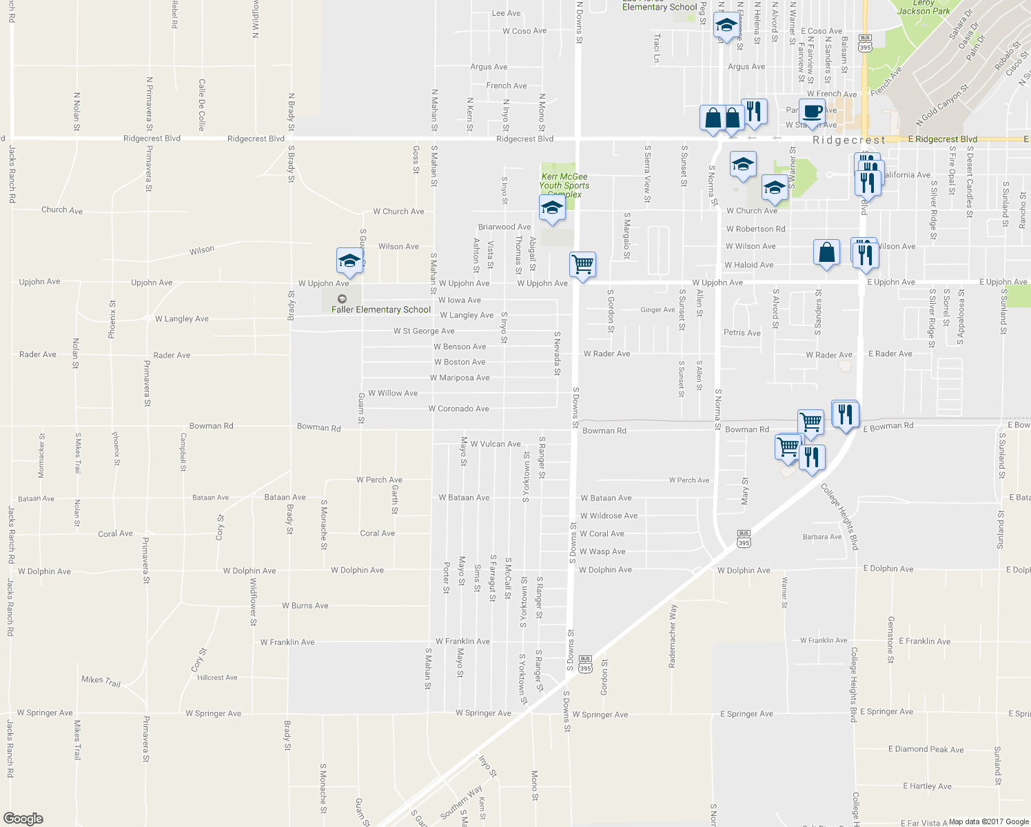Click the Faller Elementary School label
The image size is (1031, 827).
pos(381,309)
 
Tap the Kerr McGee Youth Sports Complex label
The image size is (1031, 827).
pos(564,185)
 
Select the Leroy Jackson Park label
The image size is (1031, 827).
pos(923,7)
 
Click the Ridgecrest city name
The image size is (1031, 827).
pos(848,140)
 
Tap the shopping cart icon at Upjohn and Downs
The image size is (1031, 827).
pos(583,264)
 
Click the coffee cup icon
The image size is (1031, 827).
pos(812,111)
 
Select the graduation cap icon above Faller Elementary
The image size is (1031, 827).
pos(350,261)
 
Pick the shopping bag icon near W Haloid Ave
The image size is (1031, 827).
pos(826,252)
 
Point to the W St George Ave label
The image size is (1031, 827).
pos(424,331)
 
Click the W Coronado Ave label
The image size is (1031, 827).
pos(459,409)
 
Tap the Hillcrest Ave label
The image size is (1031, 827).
pos(217,677)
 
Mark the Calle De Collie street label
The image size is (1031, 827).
pos(202,105)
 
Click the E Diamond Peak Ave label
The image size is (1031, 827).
pos(926,749)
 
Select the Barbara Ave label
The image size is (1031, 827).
pos(822,537)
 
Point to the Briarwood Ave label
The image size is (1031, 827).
pos(504,227)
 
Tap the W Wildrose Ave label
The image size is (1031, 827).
pos(609,515)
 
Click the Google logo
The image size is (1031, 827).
pos(23,819)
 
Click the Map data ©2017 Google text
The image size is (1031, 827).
pos(988,821)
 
